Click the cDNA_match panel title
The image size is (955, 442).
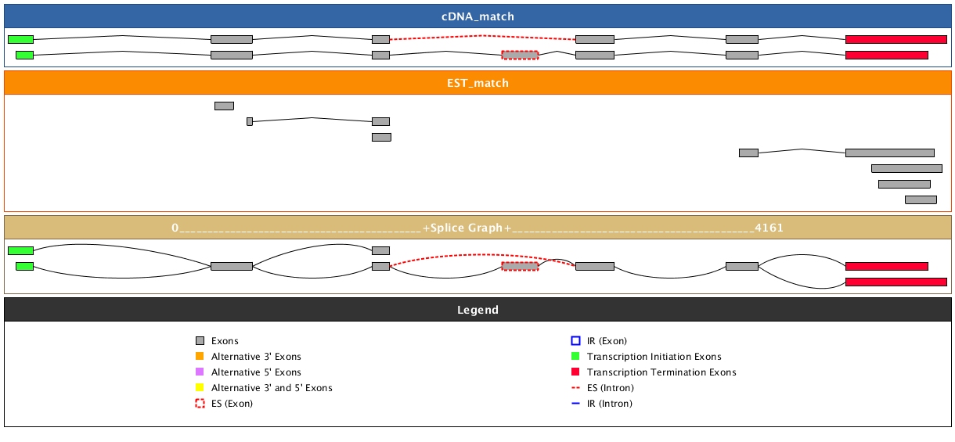pos(477,16)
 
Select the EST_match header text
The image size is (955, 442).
pos(477,83)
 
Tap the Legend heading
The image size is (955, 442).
pos(477,310)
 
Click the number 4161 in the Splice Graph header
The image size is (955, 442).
pos(768,228)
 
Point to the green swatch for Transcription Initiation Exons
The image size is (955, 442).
pos(575,357)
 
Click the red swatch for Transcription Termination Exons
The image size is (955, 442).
pos(575,372)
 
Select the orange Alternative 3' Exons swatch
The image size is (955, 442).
pos(200,357)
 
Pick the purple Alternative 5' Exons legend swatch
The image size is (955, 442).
pos(200,372)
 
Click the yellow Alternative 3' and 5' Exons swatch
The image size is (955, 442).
pos(200,388)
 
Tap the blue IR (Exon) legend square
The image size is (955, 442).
pos(575,341)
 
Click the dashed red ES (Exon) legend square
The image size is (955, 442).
pos(200,404)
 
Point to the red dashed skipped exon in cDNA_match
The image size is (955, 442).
pos(520,55)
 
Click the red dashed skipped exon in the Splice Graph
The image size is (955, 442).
pos(520,266)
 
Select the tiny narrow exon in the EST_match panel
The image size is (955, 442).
pos(250,121)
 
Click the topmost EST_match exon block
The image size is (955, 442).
pos(224,106)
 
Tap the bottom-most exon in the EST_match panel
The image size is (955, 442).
pos(921,199)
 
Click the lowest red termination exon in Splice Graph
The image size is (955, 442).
pos(896,282)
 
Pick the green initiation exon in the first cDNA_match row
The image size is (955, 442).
pos(20,39)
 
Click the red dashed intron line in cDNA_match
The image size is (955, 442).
pos(482,37)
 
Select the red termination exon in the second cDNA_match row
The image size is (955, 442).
pos(886,55)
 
